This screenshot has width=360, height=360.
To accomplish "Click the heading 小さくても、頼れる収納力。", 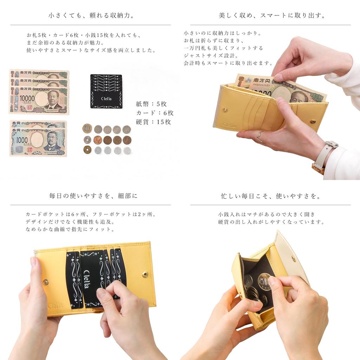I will (91, 16).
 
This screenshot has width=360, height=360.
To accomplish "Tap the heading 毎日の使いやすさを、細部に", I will (93, 196).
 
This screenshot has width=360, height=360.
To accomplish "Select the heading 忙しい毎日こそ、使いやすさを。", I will (271, 196).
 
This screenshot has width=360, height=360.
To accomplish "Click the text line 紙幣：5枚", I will (151, 104).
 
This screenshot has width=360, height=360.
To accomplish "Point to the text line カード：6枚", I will (155, 113).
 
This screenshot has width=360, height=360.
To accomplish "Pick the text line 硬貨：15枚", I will (153, 122).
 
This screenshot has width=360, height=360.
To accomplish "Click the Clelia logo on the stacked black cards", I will (106, 99).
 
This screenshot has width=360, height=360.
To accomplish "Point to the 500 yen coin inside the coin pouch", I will (264, 281).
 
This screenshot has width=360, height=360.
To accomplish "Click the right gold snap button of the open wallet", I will (144, 274).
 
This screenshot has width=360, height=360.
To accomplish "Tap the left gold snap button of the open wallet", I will (46, 282).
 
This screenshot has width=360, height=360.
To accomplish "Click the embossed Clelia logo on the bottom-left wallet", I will (55, 305).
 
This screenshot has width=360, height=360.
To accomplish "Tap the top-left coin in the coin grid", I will (87, 128).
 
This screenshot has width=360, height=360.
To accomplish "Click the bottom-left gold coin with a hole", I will (87, 150).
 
